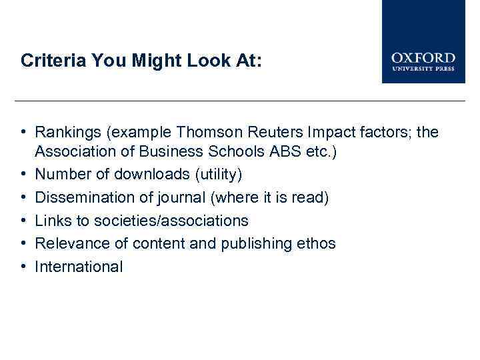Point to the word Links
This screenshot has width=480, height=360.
click(x=53, y=221)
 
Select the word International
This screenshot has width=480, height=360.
click(x=79, y=267)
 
